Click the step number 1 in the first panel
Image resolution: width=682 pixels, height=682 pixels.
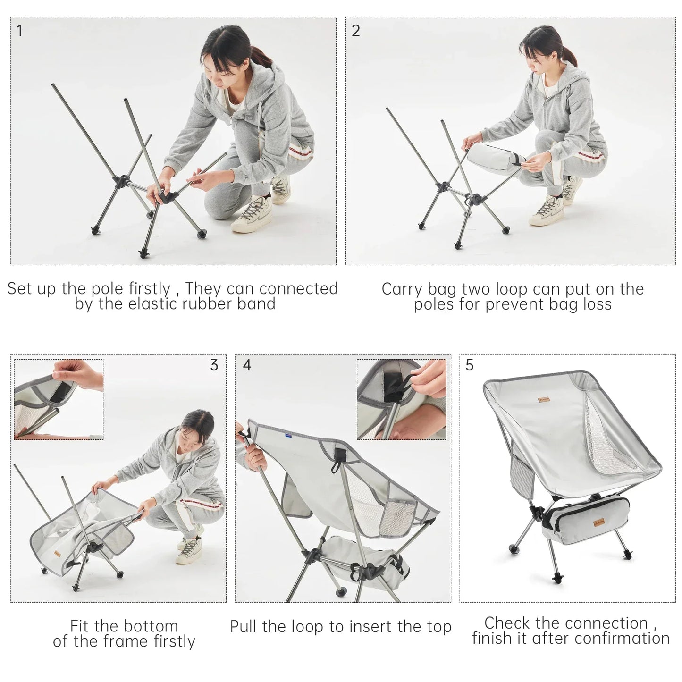pos(19,31)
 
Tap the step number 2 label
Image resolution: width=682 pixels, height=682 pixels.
pos(356,31)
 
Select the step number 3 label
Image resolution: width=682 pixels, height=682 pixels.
pos(214,365)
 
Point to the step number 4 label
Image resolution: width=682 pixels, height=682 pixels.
pos(247,365)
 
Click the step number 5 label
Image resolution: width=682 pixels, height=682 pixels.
pos(470,365)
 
